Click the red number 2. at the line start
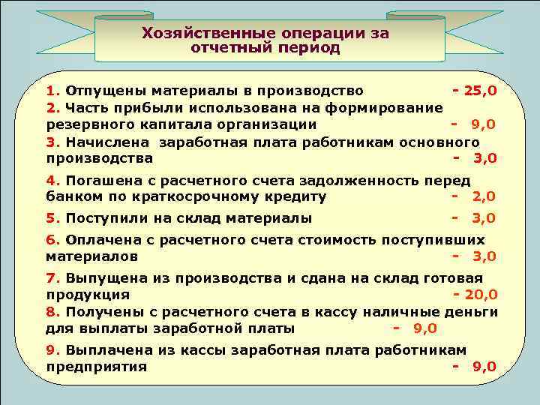click(x=52, y=108)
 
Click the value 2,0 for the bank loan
click(x=484, y=196)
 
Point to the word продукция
click(x=88, y=295)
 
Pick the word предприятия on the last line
click(x=96, y=367)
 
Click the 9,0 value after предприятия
click(x=484, y=367)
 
